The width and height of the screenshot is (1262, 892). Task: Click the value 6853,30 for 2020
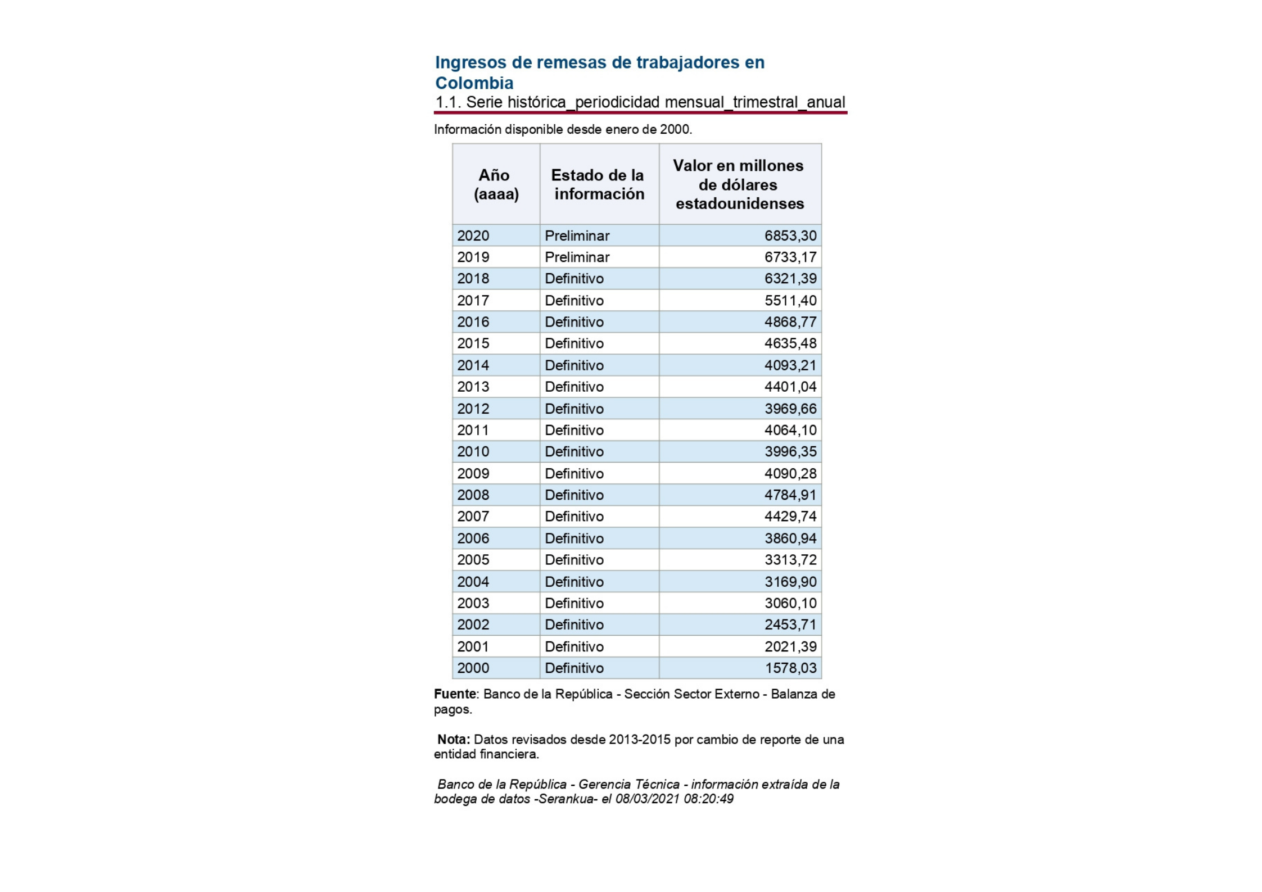pyautogui.click(x=790, y=236)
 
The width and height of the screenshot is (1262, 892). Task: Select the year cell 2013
pyautogui.click(x=473, y=387)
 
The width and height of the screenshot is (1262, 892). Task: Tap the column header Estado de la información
pyautogui.click(x=599, y=184)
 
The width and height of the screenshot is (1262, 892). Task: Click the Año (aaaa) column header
pyautogui.click(x=496, y=184)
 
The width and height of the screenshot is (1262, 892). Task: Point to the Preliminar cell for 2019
pyautogui.click(x=577, y=257)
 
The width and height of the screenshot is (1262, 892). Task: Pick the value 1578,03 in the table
pyautogui.click(x=790, y=668)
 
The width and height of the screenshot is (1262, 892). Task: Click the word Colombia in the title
pyautogui.click(x=474, y=83)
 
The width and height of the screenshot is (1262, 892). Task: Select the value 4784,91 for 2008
pyautogui.click(x=790, y=495)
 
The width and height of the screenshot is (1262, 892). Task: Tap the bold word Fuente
pyautogui.click(x=455, y=694)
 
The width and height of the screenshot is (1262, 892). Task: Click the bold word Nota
pyautogui.click(x=453, y=740)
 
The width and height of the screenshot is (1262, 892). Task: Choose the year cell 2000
pyautogui.click(x=473, y=668)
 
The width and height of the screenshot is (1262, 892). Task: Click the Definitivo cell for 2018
pyautogui.click(x=574, y=279)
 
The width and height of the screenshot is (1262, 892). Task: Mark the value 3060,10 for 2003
pyautogui.click(x=790, y=603)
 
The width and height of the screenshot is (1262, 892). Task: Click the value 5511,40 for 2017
pyautogui.click(x=790, y=301)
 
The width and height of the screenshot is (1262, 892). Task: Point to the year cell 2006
pyautogui.click(x=473, y=538)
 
